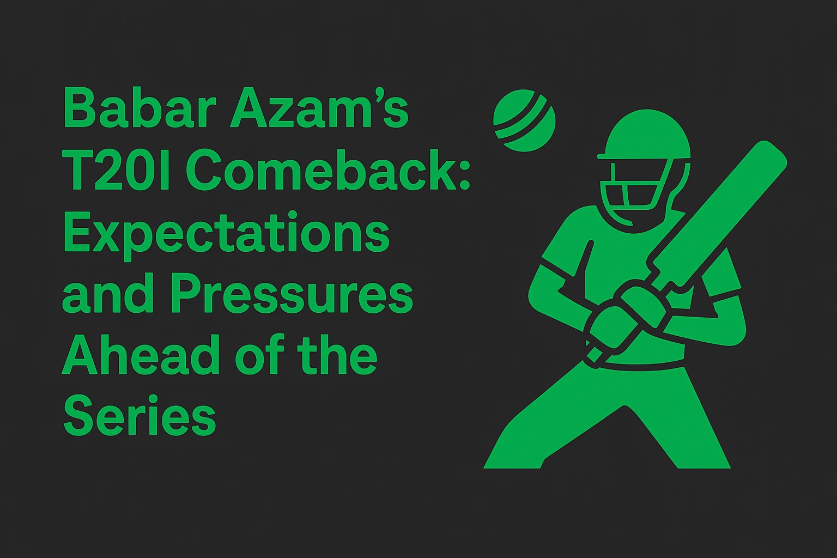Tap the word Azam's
click(x=318, y=110)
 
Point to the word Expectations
click(x=226, y=235)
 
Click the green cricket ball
click(x=524, y=120)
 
